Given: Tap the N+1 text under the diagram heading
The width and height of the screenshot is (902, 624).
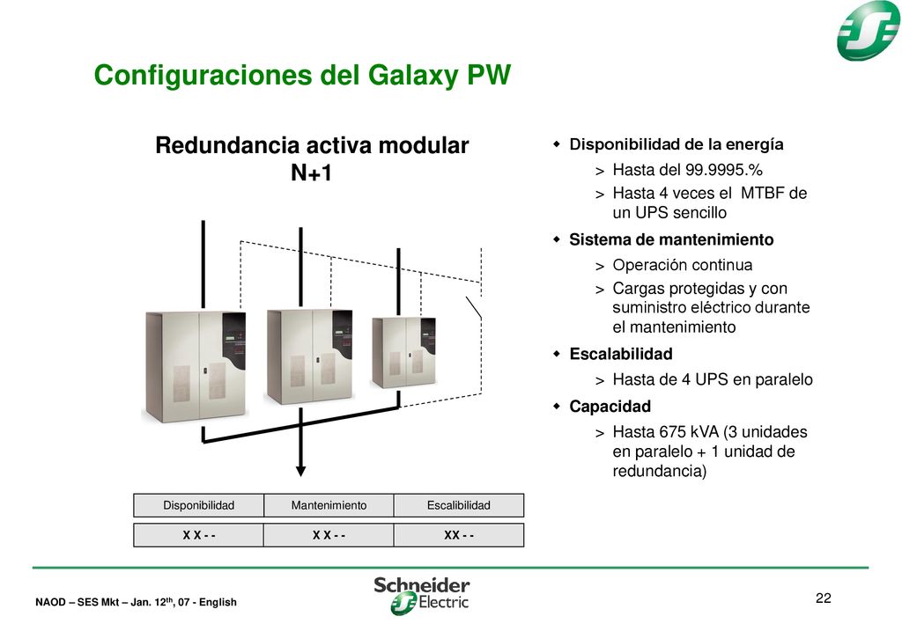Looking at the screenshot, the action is (311, 173).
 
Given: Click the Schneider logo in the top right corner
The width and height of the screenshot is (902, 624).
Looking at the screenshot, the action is (868, 30).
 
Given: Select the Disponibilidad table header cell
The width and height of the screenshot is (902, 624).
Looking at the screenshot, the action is (198, 506).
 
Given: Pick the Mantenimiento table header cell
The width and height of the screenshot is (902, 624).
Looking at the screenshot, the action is (329, 506).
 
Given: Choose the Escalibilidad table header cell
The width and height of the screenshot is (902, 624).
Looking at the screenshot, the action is (458, 506).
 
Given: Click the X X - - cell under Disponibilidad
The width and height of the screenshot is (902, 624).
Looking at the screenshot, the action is (198, 535).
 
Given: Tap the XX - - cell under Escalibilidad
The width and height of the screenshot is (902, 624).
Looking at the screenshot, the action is (458, 535).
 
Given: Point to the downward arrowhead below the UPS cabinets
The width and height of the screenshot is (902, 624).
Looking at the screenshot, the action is (300, 471).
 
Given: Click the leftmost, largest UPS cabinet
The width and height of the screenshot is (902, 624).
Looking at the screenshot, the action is (196, 367).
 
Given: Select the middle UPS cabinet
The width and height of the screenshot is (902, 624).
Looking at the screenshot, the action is (309, 356).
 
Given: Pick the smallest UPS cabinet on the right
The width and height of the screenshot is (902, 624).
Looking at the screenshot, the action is (403, 353).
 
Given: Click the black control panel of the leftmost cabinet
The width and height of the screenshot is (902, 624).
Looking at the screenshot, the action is (234, 341).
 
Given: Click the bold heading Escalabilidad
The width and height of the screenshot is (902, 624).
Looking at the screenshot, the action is (621, 354).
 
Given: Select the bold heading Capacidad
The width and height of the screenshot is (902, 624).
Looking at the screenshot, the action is (610, 407).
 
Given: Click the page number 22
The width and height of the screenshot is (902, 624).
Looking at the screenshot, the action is (824, 598).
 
